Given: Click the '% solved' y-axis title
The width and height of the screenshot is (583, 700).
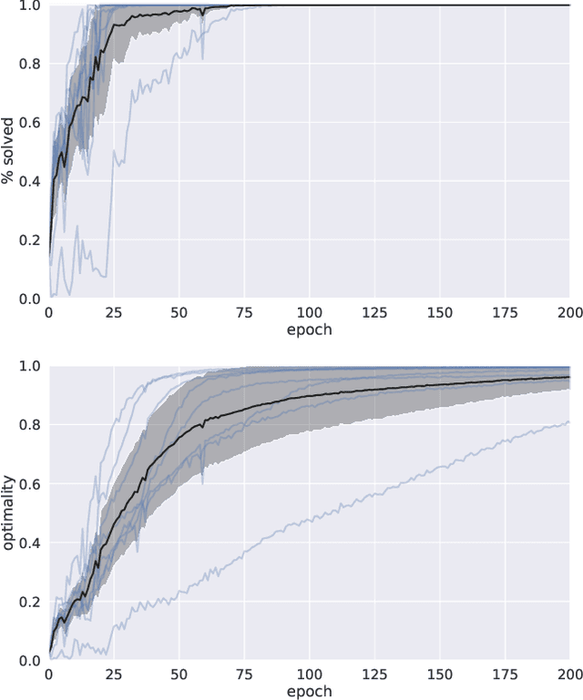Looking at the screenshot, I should (x=9, y=151).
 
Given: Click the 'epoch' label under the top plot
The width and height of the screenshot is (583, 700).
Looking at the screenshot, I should (x=309, y=330).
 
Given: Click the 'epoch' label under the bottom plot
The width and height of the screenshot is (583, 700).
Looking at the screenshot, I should (x=309, y=691).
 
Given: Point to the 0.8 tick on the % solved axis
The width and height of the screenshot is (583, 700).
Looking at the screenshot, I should (x=29, y=64).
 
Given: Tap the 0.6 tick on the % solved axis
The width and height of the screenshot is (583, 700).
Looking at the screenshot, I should (x=29, y=122).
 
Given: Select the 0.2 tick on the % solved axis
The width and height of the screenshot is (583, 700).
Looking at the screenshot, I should (x=29, y=239).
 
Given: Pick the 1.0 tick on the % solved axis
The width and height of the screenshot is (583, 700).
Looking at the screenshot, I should (x=29, y=5).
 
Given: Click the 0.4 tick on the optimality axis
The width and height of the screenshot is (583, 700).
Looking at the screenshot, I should (x=29, y=543).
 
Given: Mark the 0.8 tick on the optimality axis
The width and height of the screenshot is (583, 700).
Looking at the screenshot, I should (x=29, y=425).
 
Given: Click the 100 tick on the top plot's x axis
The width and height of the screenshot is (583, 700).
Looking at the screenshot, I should (x=309, y=311).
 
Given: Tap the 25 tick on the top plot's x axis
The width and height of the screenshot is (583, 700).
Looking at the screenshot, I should (x=113, y=311).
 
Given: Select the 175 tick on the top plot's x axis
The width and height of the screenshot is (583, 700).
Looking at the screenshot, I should (x=505, y=311).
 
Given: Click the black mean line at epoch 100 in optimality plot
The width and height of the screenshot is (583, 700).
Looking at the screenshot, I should (x=309, y=395).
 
